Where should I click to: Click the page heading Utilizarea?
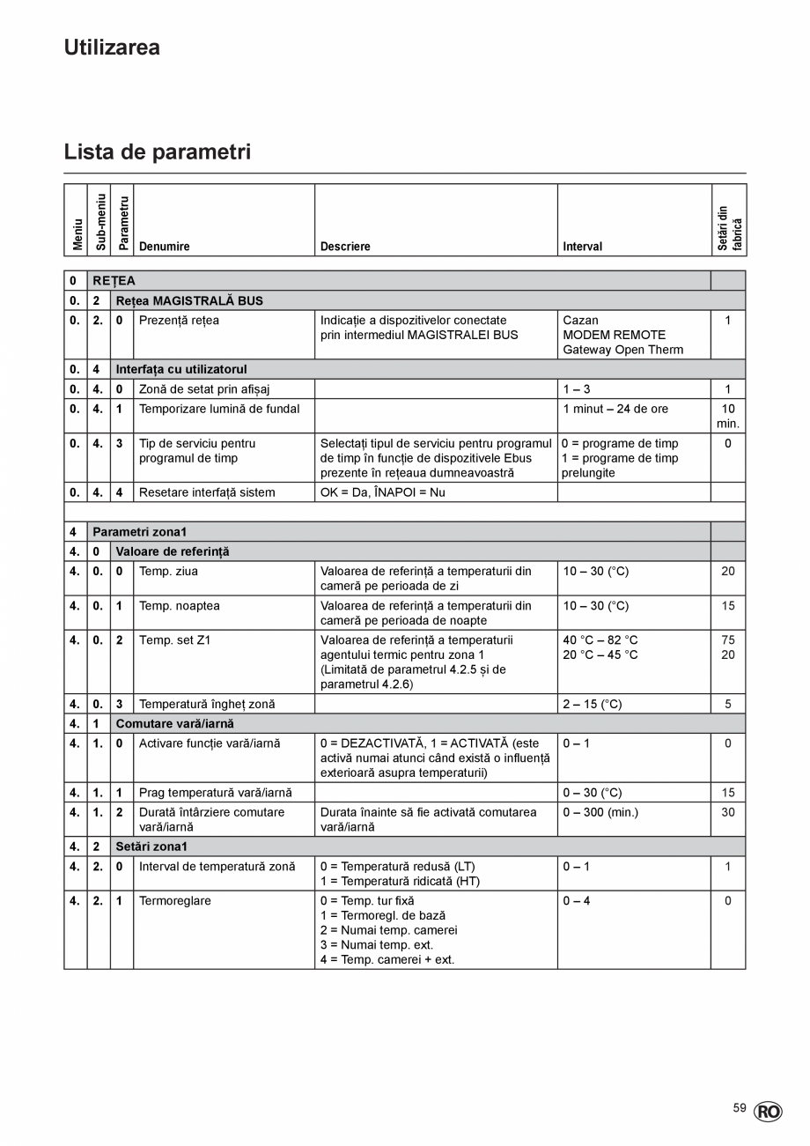[x=112, y=48]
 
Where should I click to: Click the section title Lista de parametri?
[x=157, y=152]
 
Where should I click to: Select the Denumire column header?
[x=165, y=247]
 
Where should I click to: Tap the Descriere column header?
[x=345, y=247]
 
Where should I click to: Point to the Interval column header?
[x=582, y=247]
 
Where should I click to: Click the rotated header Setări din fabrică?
[x=729, y=228]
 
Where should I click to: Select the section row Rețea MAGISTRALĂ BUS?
[x=189, y=300]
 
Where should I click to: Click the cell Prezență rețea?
[x=179, y=321]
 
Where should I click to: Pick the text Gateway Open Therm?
[x=622, y=350]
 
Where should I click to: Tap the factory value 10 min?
[x=728, y=416]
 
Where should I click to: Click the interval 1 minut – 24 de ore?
[x=615, y=409]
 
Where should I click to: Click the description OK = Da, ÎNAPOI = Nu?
[x=382, y=492]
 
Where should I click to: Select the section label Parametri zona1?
[x=139, y=532]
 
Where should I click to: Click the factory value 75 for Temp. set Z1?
[x=728, y=640]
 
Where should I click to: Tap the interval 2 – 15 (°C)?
[x=593, y=704]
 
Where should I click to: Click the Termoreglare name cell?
[x=175, y=901]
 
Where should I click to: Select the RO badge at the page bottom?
[x=767, y=1113]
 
